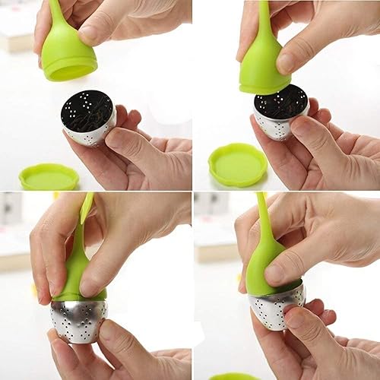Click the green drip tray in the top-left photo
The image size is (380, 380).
48,176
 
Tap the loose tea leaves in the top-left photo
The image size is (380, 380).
87,109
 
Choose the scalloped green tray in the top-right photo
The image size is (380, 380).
237,163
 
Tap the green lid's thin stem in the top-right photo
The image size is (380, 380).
264,23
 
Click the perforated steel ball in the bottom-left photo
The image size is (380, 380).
78,319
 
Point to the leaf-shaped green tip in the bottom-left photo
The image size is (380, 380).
87,208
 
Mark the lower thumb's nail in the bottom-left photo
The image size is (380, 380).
105,331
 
